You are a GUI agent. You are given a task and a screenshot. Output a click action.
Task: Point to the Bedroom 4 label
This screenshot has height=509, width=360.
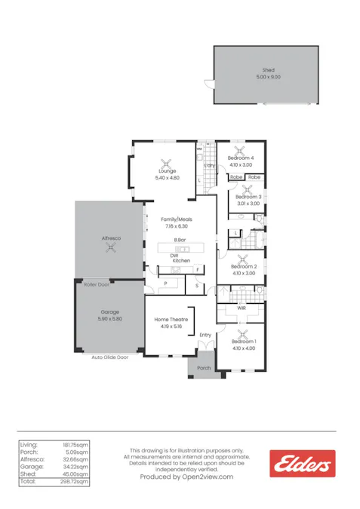tap(242, 158)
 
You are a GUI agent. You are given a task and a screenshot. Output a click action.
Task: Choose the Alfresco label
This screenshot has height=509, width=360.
tap(111, 238)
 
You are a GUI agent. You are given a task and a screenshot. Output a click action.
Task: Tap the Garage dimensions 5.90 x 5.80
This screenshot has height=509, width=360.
tap(110, 319)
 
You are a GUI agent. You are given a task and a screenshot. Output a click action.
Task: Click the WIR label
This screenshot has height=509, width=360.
tap(242, 308)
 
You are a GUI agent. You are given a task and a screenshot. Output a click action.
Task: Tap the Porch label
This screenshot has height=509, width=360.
tap(204, 368)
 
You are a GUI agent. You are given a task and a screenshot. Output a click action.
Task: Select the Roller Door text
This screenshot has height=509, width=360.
tap(97, 285)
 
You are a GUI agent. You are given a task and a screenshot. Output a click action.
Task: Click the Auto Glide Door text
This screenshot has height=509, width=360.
tap(110, 357)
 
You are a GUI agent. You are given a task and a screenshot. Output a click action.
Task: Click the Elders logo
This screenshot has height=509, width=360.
tap(302, 463)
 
